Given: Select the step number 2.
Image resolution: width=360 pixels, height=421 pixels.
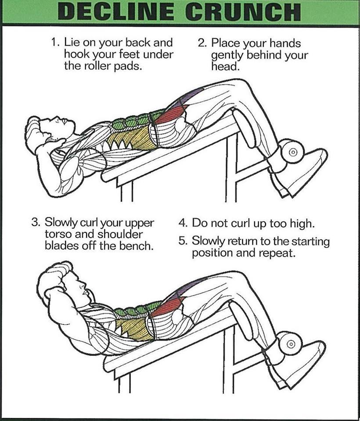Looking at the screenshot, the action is tap(202, 43).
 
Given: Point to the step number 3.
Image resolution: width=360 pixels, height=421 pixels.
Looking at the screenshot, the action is tap(35, 222).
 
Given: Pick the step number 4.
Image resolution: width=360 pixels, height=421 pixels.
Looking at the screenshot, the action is tap(183, 223).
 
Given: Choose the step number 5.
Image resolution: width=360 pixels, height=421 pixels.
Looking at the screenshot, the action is tap(183, 241).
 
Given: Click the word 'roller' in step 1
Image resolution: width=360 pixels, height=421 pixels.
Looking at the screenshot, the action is tap(99, 66).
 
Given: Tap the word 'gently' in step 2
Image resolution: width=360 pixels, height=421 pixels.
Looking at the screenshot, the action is tap(227, 56).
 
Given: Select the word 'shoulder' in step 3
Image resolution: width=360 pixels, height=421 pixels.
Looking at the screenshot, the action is tap(120, 234).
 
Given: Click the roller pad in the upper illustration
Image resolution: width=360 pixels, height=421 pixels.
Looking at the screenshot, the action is tap(292, 153).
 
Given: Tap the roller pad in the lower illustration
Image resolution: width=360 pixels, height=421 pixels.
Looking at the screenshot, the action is tap(290, 344).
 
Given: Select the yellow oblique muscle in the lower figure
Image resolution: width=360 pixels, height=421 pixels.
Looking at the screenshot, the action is tap(134, 330).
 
